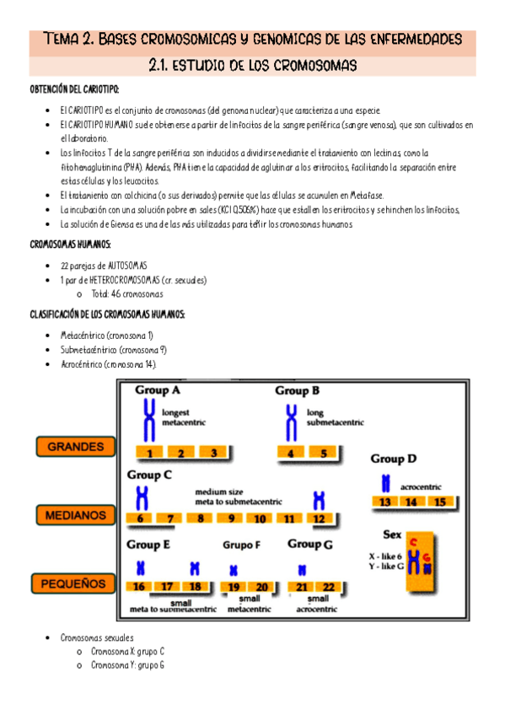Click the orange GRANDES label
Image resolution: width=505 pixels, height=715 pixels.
(x=76, y=446)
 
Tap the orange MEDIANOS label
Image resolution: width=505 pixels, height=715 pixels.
(x=76, y=515)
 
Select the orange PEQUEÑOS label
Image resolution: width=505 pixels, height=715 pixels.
(x=73, y=583)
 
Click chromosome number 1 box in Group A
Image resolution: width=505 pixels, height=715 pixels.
(x=149, y=452)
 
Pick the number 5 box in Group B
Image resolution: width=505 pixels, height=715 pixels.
(x=323, y=453)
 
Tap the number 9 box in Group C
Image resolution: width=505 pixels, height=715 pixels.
(x=231, y=518)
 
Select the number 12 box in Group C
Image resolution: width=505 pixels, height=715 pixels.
(x=319, y=519)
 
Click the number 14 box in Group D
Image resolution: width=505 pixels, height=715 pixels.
(x=411, y=502)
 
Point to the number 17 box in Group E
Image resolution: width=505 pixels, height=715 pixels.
(x=167, y=586)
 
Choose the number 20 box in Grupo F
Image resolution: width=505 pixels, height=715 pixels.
(x=261, y=587)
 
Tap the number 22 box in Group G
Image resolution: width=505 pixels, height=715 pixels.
(x=328, y=587)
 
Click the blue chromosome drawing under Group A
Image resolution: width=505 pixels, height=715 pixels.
(x=149, y=420)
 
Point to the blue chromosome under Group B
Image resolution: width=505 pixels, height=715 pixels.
(x=291, y=422)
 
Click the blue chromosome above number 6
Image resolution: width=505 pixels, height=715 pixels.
(x=142, y=498)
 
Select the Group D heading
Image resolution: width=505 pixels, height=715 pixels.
(x=394, y=459)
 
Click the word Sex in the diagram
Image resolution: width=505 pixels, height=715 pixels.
(x=392, y=534)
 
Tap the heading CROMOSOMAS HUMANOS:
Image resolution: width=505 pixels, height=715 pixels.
(x=70, y=245)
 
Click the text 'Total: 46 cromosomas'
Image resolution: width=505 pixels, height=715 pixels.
(x=127, y=294)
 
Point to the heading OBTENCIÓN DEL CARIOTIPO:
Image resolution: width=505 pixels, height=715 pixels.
(x=74, y=89)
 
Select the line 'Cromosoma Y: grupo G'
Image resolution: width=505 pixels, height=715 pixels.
(x=127, y=665)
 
